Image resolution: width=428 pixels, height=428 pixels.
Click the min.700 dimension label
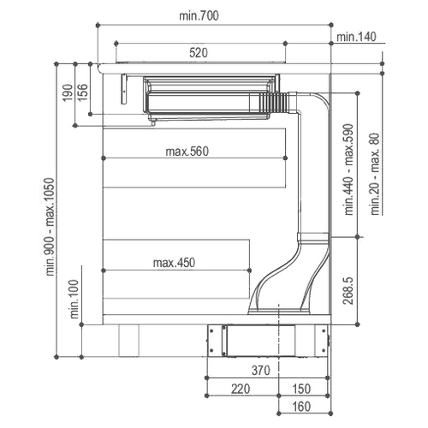(x=199, y=15)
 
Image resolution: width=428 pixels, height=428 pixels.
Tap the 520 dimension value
(x=199, y=53)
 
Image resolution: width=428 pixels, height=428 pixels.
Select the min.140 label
(x=356, y=37)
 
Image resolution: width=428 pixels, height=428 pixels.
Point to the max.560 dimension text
(x=187, y=152)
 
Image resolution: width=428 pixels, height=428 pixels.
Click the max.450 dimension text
(x=174, y=263)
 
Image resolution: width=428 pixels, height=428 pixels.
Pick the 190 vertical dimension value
(x=68, y=92)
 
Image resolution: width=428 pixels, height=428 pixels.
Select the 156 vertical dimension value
(x=83, y=92)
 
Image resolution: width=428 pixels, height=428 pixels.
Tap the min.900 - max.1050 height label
(x=51, y=227)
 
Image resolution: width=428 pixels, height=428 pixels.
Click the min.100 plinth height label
(x=74, y=299)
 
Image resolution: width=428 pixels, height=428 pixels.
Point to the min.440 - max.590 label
(x=349, y=169)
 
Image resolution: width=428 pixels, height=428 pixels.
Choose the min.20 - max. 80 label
(x=376, y=174)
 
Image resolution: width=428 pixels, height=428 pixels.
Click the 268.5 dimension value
(x=348, y=291)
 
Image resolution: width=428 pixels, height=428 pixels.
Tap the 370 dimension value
(x=261, y=371)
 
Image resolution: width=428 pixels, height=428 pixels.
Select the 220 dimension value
(x=241, y=389)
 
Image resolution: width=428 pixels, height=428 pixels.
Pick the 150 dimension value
(x=301, y=389)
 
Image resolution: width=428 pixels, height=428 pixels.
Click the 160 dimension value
(x=301, y=407)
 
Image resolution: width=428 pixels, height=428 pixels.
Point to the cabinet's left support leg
(x=129, y=341)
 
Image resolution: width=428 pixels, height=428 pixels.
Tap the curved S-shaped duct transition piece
(x=288, y=274)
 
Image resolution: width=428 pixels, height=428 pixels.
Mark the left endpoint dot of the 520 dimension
(x=116, y=44)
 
